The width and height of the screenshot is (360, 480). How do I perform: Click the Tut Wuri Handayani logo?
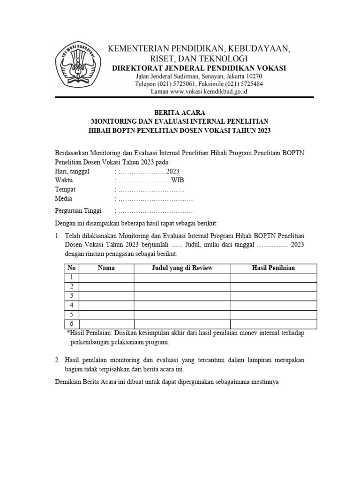click(82, 65)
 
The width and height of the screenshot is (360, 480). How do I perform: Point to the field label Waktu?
click(64, 180)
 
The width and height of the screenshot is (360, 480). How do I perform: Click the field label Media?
click(63, 198)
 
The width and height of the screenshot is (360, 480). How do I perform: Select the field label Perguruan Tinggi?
click(78, 210)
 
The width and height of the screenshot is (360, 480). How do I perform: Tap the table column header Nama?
click(106, 268)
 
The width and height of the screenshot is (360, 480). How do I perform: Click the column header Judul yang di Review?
click(182, 268)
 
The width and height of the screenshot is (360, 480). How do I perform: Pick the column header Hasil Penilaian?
click(273, 268)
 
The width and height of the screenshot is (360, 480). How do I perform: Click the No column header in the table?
click(71, 268)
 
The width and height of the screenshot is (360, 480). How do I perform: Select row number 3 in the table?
click(71, 296)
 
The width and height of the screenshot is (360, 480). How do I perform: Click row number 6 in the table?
click(71, 324)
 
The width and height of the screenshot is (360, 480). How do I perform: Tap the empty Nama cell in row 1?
click(106, 277)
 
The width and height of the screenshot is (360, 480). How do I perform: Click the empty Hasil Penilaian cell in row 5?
click(273, 315)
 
